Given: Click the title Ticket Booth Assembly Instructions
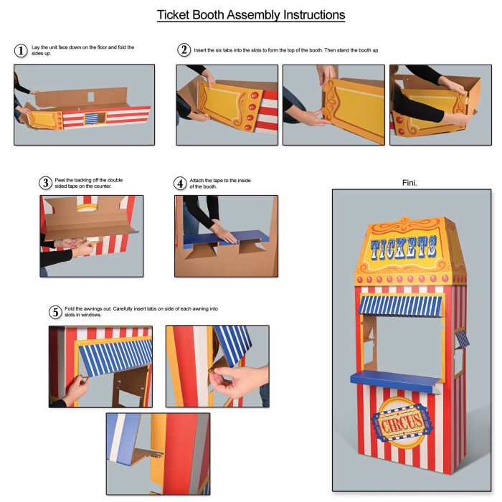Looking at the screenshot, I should pyautogui.click(x=251, y=15).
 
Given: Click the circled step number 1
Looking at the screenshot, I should pyautogui.click(x=22, y=51).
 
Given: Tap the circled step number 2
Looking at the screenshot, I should pyautogui.click(x=184, y=50).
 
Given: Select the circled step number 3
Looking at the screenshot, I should pyautogui.click(x=46, y=183).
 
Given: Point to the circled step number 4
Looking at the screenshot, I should pyautogui.click(x=181, y=183).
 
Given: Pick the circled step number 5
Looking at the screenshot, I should pyautogui.click(x=55, y=312).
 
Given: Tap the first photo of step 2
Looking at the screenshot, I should pyautogui.click(x=227, y=105).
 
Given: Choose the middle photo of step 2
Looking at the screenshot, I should pyautogui.click(x=333, y=105).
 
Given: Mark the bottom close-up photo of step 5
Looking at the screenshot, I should pyautogui.click(x=158, y=453).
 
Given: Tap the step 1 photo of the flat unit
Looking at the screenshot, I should pyautogui.click(x=84, y=105).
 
